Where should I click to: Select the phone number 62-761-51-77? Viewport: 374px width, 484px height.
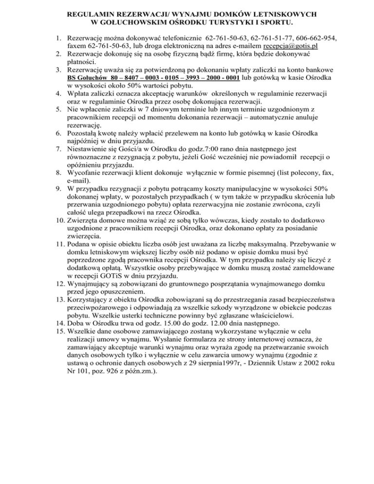pos(261,37)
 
